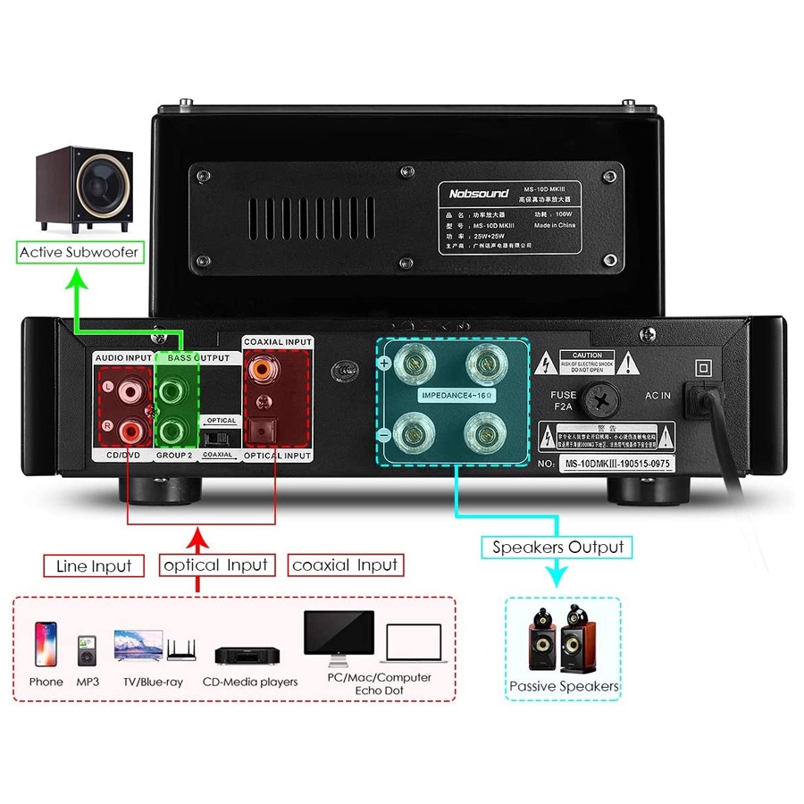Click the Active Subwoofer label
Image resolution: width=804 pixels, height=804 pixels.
pyautogui.click(x=80, y=253)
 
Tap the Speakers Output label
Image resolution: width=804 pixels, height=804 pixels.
pyautogui.click(x=557, y=547)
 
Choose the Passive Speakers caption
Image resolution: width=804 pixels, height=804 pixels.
pyautogui.click(x=563, y=686)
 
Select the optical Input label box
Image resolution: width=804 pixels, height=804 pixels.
pyautogui.click(x=215, y=565)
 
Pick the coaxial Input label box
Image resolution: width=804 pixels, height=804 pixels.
pyautogui.click(x=345, y=565)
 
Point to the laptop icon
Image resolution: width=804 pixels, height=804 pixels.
pyautogui.click(x=415, y=646)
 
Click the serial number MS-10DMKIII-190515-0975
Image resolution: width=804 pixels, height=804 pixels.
pyautogui.click(x=616, y=464)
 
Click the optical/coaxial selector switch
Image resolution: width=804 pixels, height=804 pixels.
pyautogui.click(x=214, y=437)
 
